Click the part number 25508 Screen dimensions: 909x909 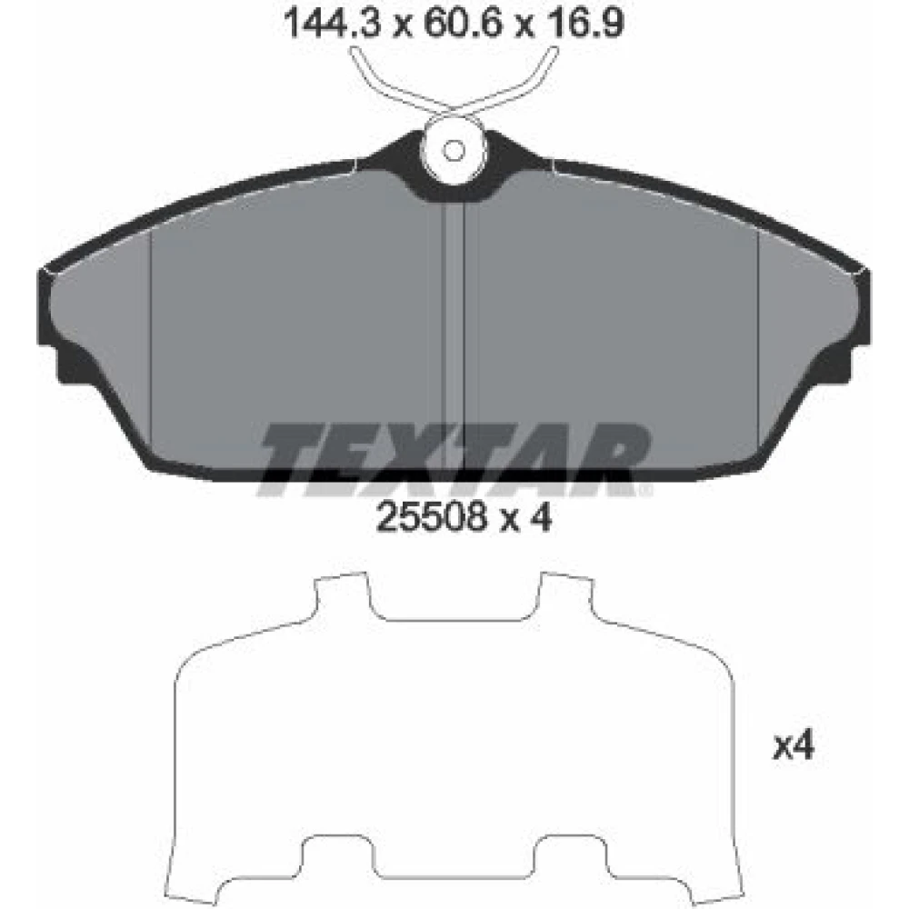[431, 516]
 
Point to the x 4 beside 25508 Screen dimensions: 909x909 [525, 516]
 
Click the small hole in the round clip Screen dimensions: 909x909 [454, 151]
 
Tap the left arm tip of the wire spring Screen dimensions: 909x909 [355, 51]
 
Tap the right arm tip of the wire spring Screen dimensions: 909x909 [553, 51]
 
